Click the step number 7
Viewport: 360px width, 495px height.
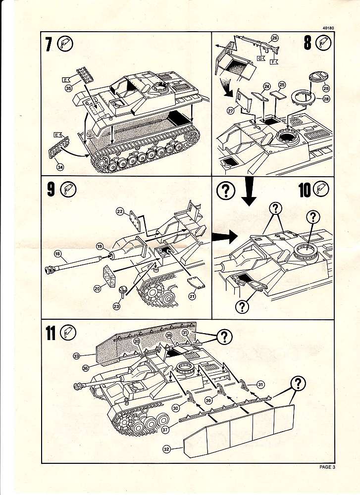pyautogui.click(x=48, y=45)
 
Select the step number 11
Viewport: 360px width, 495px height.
pyautogui.click(x=50, y=334)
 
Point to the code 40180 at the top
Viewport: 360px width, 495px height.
pyautogui.click(x=327, y=28)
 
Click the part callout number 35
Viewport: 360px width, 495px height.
pyautogui.click(x=68, y=88)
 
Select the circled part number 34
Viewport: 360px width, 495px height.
pyautogui.click(x=60, y=167)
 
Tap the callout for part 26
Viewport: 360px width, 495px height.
pyautogui.click(x=275, y=37)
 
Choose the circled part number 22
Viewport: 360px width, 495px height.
pyautogui.click(x=119, y=211)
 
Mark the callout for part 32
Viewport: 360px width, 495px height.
pyautogui.click(x=166, y=449)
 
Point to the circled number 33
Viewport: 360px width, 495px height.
pyautogui.click(x=76, y=355)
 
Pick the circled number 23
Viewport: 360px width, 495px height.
pyautogui.click(x=116, y=306)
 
